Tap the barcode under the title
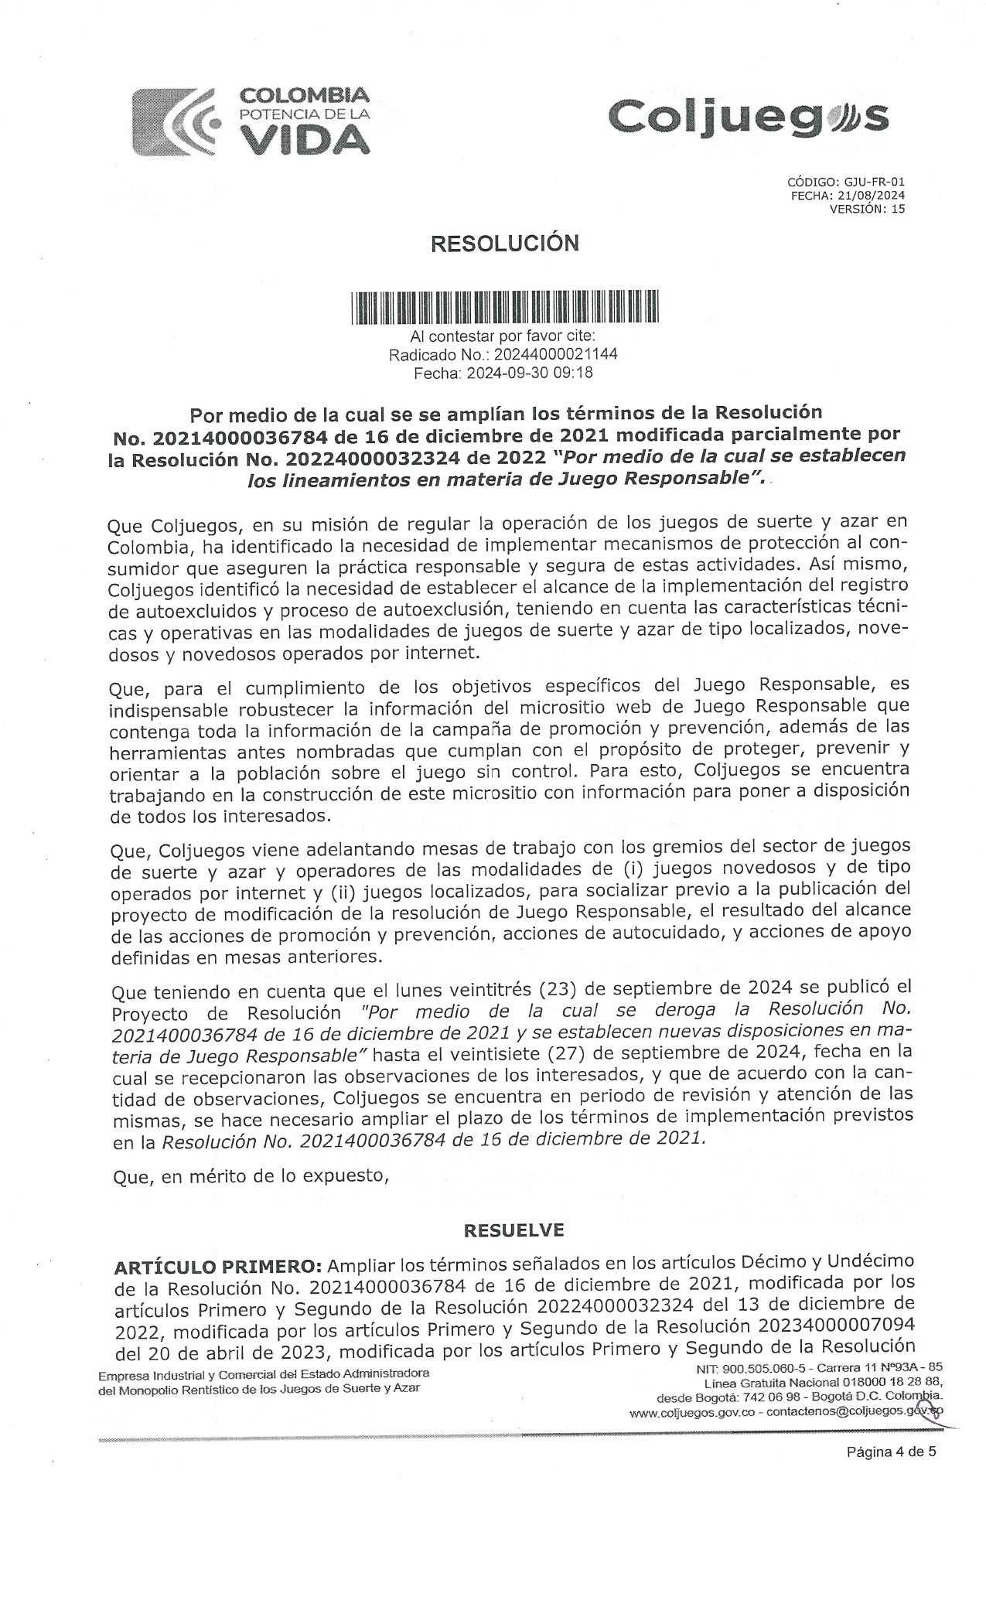coord(503,306)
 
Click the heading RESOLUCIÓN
coord(504,244)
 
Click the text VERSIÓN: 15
coord(867,209)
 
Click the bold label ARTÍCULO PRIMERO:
coord(217,1267)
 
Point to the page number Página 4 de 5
coord(892,1452)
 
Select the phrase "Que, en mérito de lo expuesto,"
coord(248,1176)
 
